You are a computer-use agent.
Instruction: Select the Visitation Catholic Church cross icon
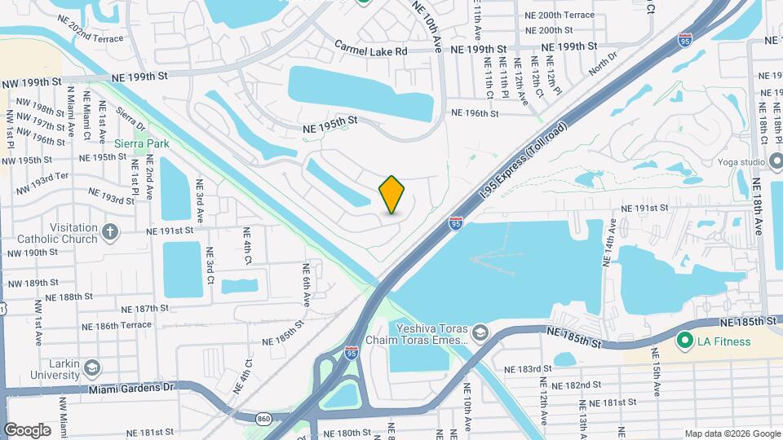point(111,234)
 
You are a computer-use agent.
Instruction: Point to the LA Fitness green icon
point(683,341)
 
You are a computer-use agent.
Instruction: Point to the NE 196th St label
point(474,113)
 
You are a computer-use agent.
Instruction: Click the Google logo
point(27,429)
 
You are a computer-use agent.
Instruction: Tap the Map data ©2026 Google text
point(732,433)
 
